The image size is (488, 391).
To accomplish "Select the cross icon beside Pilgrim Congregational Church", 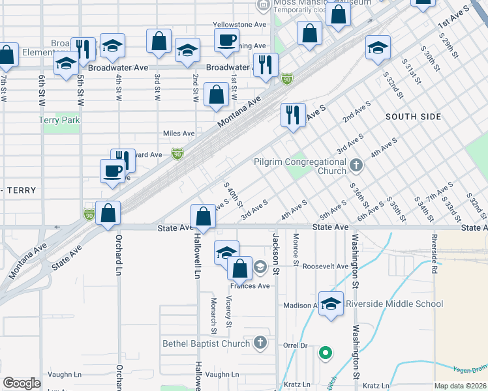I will point(356,165).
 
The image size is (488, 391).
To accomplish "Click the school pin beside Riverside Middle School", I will point(331,304).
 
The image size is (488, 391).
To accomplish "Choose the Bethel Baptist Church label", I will point(206,343).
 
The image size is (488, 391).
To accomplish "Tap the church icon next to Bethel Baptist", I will point(260,343).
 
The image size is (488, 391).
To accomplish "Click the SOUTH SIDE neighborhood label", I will point(413,117).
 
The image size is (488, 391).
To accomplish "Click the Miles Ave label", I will point(179,134).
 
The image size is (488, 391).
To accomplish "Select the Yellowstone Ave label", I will point(240,25).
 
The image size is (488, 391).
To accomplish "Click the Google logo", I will point(22,383).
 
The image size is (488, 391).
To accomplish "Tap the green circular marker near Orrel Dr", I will point(324,354).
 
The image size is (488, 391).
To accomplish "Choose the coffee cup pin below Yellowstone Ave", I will point(226,41).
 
